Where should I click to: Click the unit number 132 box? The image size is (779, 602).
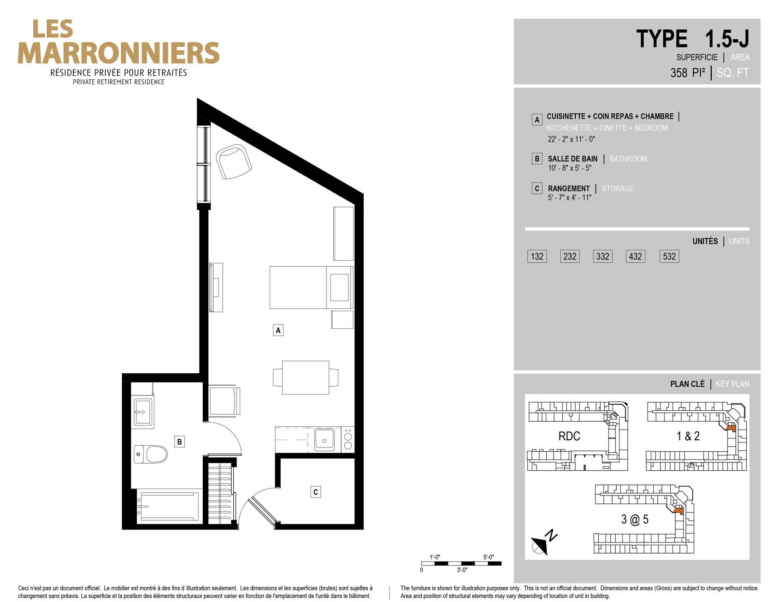[537, 256]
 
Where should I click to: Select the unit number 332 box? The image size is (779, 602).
[602, 256]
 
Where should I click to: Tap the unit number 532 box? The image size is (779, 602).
[669, 256]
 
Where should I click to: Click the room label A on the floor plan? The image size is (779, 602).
[278, 330]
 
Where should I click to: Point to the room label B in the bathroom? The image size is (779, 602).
[179, 442]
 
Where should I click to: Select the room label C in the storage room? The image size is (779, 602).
[316, 492]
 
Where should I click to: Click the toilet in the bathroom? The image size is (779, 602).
[151, 454]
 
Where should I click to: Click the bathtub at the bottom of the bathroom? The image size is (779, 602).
[169, 507]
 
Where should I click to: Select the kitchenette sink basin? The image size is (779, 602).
[325, 439]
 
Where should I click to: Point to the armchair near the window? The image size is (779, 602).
[234, 161]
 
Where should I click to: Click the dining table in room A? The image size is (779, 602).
[306, 378]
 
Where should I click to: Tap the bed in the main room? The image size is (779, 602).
[311, 287]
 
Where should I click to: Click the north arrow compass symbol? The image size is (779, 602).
[543, 543]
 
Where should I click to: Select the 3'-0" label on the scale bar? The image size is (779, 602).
[462, 570]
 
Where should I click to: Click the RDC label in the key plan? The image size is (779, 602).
[569, 436]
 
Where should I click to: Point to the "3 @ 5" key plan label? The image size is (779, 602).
[635, 519]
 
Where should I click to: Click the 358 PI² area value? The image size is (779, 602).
[688, 72]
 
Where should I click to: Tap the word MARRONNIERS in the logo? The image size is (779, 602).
[118, 53]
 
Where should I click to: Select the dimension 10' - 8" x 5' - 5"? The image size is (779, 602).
[570, 168]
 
